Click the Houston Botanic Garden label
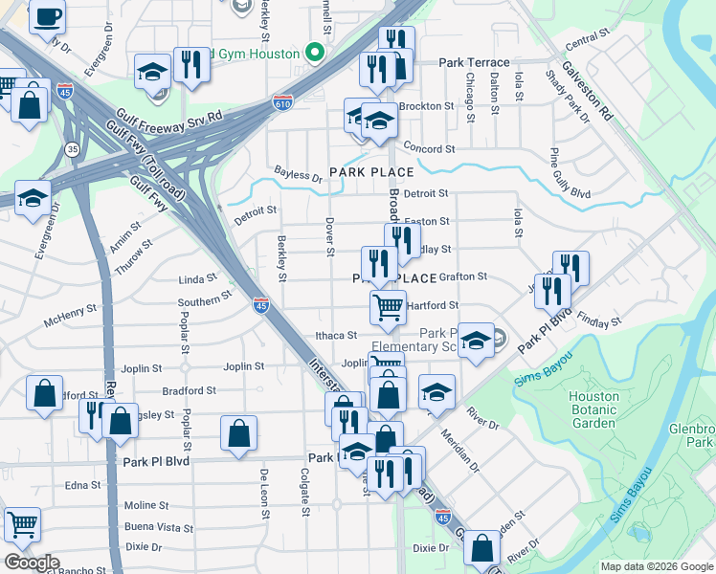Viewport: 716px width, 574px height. pyautogui.click(x=593, y=410)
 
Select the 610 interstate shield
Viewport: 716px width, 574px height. pyautogui.click(x=281, y=99)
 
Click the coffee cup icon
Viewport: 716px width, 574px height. pyautogui.click(x=47, y=15)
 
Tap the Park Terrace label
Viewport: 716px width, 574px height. pyautogui.click(x=474, y=62)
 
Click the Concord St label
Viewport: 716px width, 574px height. pyautogui.click(x=429, y=149)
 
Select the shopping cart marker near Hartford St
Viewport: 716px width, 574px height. pyautogui.click(x=388, y=308)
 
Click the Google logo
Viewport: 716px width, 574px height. pyautogui.click(x=32, y=563)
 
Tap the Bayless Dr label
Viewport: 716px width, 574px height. pyautogui.click(x=298, y=175)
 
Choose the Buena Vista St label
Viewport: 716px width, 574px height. pyautogui.click(x=158, y=527)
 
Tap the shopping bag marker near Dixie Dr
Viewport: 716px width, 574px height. pyautogui.click(x=481, y=548)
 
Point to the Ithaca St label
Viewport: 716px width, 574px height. pyautogui.click(x=337, y=336)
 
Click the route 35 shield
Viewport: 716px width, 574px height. pyautogui.click(x=72, y=149)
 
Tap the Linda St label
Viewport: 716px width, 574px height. pyautogui.click(x=198, y=279)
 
